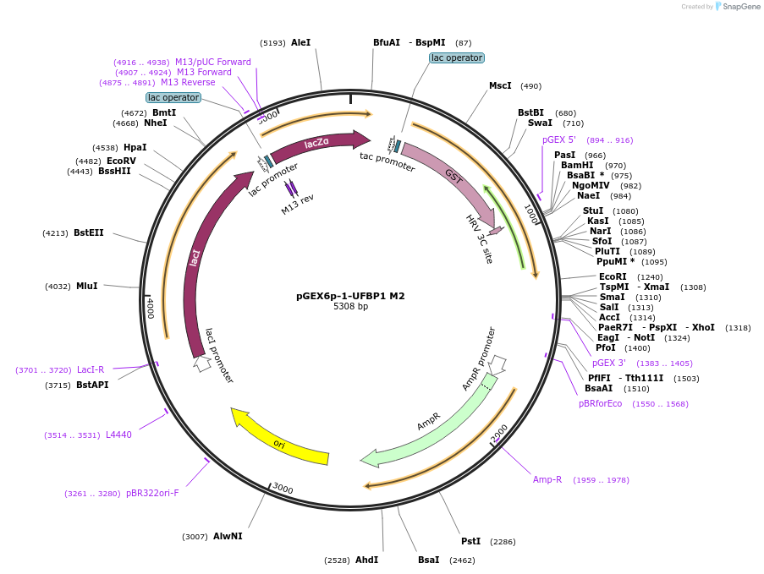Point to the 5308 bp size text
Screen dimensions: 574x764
pos(350,306)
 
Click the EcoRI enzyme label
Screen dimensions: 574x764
pos(613,276)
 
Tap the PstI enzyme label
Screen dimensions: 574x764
pos(470,541)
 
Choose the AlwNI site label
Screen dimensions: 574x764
pos(228,536)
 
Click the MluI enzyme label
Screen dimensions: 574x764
pos(86,286)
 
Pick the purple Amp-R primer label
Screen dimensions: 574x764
pos(547,479)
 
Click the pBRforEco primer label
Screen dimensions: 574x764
pos(600,403)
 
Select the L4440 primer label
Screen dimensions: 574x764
pos(118,435)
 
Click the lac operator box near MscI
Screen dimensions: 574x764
pos(456,57)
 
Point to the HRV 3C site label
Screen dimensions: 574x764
pos(479,238)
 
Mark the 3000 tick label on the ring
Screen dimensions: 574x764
pos(283,489)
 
